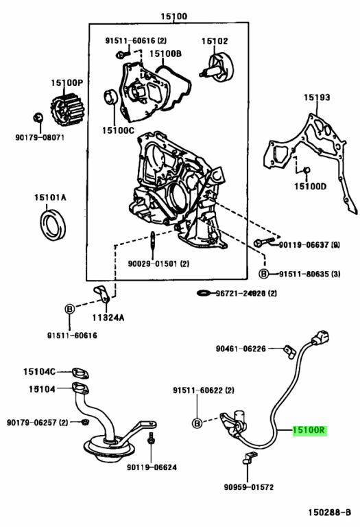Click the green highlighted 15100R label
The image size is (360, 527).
point(309,431)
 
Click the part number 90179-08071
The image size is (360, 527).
point(39,137)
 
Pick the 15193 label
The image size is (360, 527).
point(317,98)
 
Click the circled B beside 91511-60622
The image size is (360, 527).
point(197,423)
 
